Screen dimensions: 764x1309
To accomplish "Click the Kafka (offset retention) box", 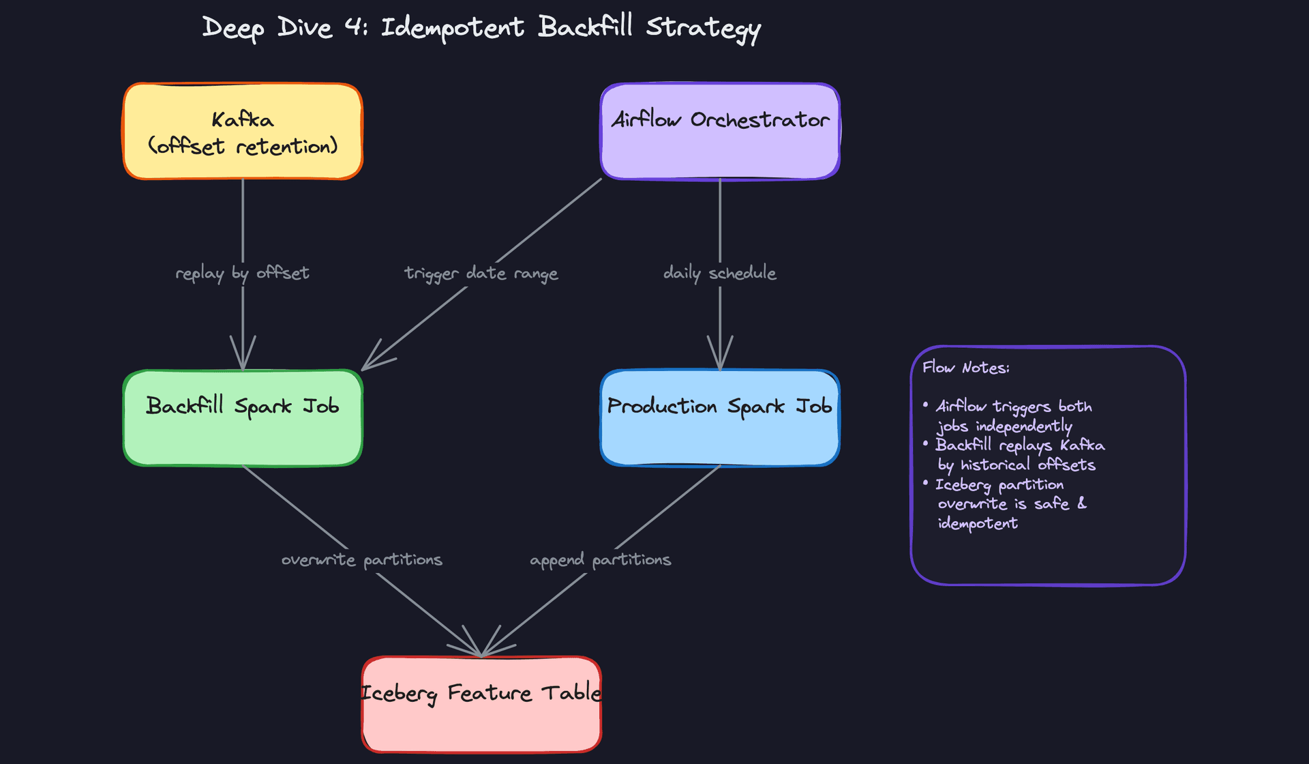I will [243, 132].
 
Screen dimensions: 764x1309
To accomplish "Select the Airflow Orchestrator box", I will [720, 132].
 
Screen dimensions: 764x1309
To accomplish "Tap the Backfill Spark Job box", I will [243, 418].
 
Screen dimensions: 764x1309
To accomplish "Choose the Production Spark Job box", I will [720, 418].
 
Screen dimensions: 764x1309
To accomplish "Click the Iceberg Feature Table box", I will [481, 705].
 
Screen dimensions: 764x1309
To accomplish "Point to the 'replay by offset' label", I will [243, 273].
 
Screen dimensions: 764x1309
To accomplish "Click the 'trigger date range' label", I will [481, 273].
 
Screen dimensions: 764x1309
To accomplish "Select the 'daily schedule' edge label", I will [720, 273].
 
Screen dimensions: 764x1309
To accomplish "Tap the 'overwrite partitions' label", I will [362, 559].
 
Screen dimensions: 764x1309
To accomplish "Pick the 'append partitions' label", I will [601, 559].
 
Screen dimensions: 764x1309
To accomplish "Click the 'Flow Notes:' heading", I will [965, 368].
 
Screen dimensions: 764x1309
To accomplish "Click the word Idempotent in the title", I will [452, 28].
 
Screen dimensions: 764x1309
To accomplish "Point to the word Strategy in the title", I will [703, 28].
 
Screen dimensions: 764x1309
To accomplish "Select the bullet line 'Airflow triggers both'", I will [1013, 407].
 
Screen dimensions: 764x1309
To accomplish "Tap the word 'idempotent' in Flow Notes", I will [978, 523].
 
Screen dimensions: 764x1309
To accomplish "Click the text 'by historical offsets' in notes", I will [1017, 465].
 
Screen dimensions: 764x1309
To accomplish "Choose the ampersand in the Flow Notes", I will [1082, 503].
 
